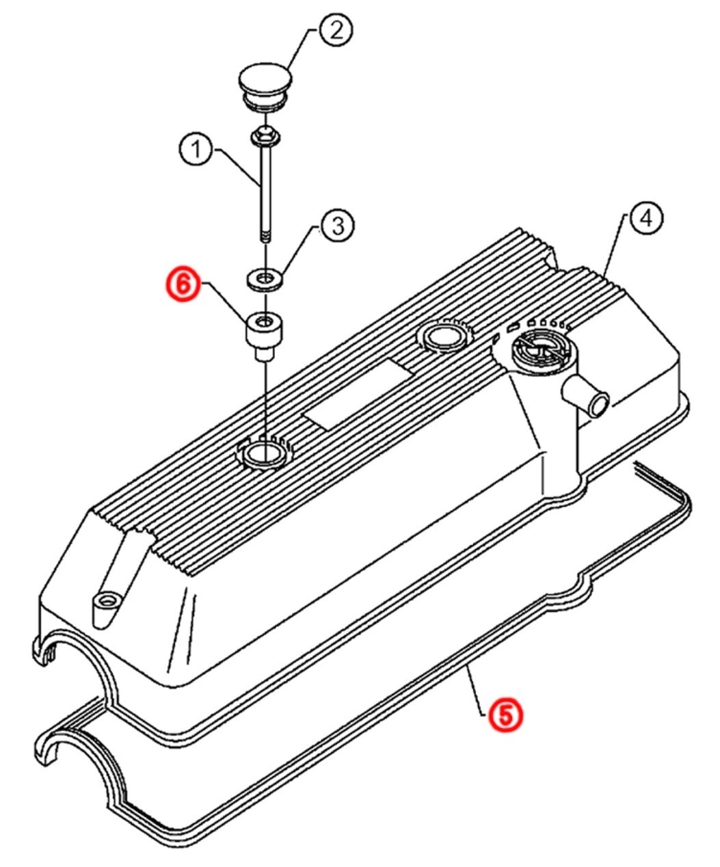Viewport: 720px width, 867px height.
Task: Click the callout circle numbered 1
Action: point(196,149)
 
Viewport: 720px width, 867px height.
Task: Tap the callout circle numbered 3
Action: point(337,226)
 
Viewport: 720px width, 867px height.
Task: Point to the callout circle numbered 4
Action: point(645,219)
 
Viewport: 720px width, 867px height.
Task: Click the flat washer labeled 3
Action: point(265,279)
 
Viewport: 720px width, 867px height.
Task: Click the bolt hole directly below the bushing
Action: point(263,453)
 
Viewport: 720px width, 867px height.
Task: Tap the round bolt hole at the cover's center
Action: point(443,336)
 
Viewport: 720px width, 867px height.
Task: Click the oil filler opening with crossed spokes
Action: point(539,347)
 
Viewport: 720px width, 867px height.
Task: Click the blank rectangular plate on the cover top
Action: point(357,395)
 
